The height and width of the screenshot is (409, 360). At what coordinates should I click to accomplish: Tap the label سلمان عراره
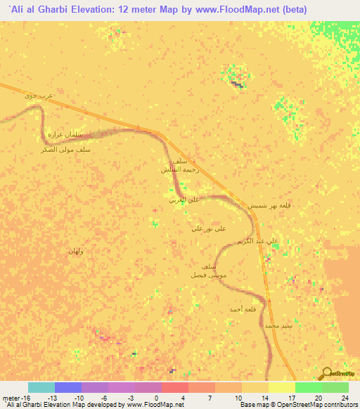pyautogui.click(x=65, y=134)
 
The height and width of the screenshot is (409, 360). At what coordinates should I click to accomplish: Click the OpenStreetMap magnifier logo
pyautogui.click(x=328, y=373)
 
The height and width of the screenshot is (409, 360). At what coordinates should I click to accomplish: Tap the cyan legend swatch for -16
pyautogui.click(x=41, y=387)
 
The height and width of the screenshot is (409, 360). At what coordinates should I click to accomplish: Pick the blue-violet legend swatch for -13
pyautogui.click(x=67, y=387)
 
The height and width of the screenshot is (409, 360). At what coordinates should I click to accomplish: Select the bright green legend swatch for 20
pyautogui.click(x=308, y=387)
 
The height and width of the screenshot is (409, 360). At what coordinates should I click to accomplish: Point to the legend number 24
pyautogui.click(x=344, y=397)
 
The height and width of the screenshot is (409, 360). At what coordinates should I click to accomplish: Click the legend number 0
pyautogui.click(x=155, y=397)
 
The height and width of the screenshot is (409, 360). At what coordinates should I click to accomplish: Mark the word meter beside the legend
pyautogui.click(x=11, y=397)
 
